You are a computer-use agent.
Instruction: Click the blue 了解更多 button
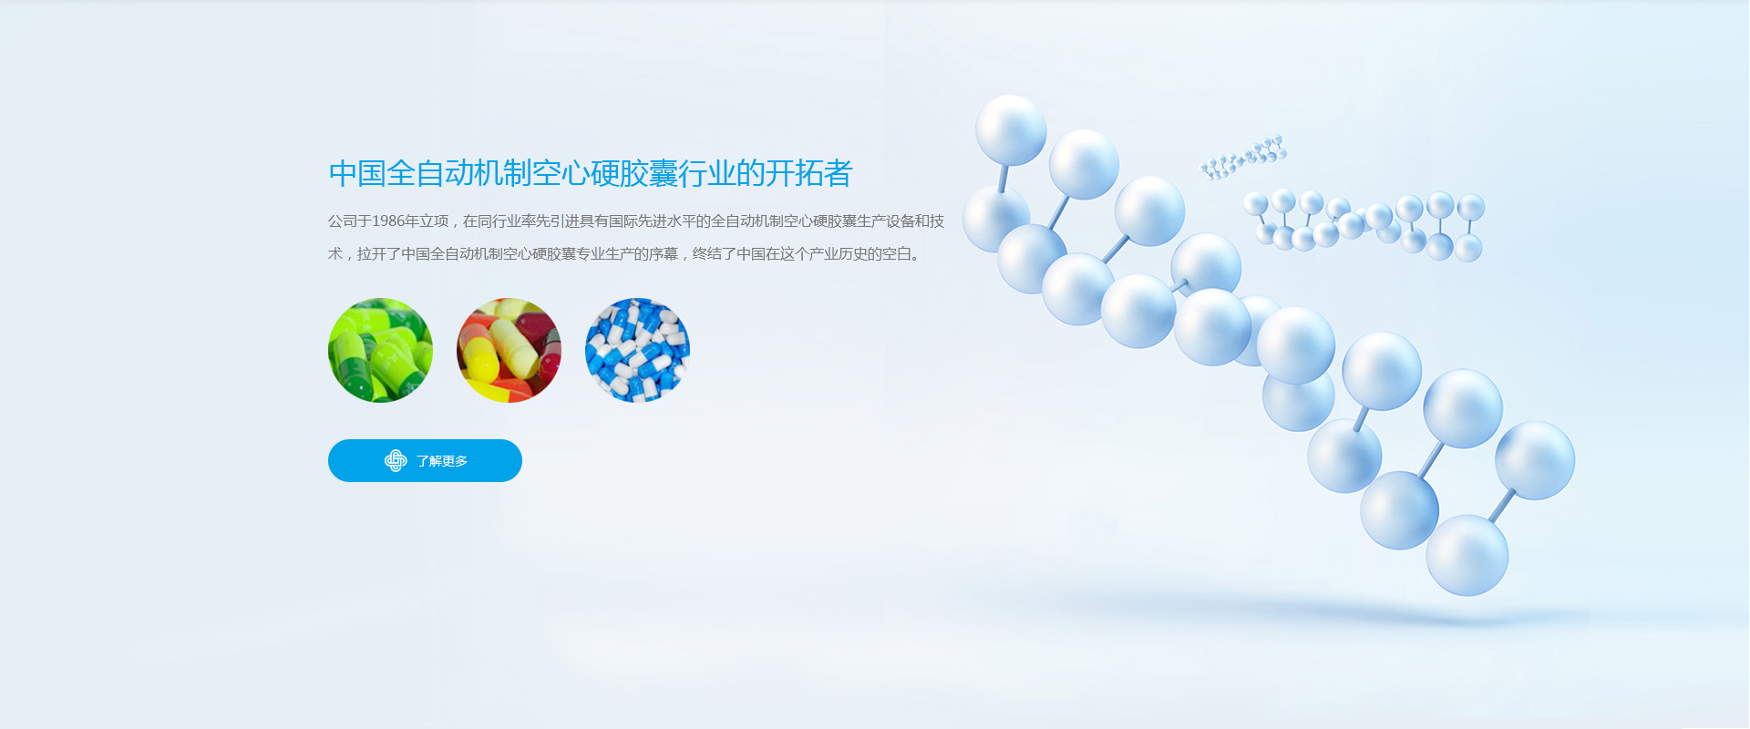tap(425, 460)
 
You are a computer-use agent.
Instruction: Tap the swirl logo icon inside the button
tap(396, 461)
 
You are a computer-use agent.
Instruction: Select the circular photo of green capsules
tap(380, 350)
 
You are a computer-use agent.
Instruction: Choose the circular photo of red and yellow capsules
tap(509, 350)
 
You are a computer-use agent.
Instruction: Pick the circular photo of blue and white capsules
tap(637, 350)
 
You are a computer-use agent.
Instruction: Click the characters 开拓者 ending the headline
tap(809, 173)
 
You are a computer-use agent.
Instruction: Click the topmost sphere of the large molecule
tap(1011, 130)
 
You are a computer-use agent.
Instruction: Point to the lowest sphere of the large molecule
tap(1467, 555)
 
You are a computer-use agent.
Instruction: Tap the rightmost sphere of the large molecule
tap(1535, 460)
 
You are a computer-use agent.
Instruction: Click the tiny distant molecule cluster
tap(1242, 157)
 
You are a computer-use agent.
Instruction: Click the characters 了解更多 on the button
tap(442, 461)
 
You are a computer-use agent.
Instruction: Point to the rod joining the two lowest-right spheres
tap(1501, 506)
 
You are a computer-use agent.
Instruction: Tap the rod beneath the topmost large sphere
tap(1003, 178)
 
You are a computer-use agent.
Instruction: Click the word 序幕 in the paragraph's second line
tap(664, 253)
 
